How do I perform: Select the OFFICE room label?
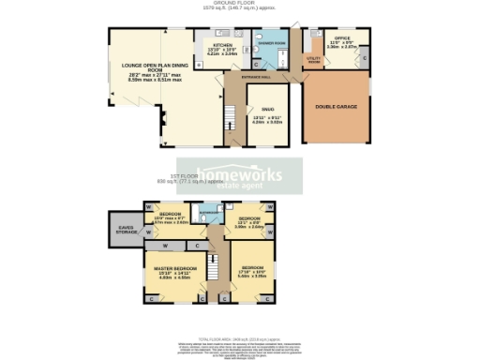pos(343,38)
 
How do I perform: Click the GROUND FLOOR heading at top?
pos(239,3)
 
